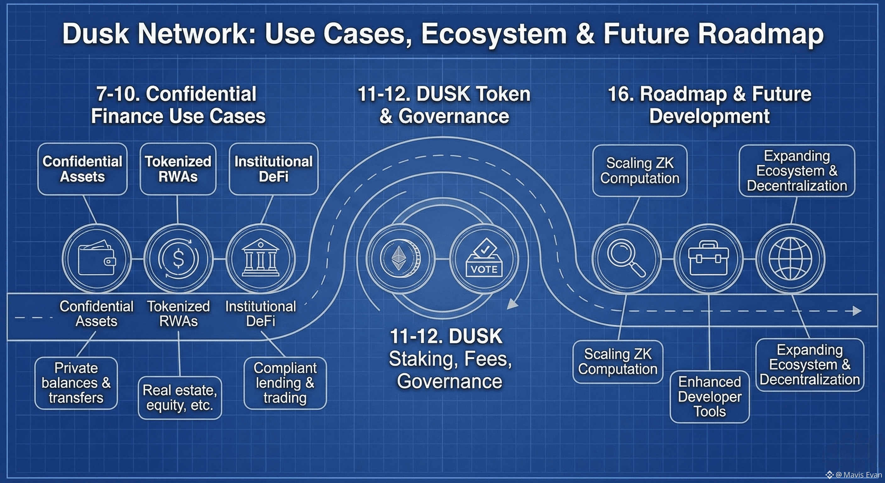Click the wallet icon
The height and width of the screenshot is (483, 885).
pos(96,258)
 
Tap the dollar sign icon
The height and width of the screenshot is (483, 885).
pos(178,258)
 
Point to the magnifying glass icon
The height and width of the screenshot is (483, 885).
pos(626,258)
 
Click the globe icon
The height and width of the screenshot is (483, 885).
pos(790,259)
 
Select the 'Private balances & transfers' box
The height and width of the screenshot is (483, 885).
pos(76,383)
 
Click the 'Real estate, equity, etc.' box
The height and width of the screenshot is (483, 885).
pos(180,398)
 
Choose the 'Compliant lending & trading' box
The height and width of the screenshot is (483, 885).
pos(285,383)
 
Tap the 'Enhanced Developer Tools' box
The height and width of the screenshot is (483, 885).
pos(709,397)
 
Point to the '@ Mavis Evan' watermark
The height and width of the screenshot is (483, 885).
pos(854,475)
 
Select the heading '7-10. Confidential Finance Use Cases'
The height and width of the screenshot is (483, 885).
pos(178,105)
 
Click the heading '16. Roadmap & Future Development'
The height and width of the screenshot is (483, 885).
pos(709,105)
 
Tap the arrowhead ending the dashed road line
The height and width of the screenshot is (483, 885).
pos(858,311)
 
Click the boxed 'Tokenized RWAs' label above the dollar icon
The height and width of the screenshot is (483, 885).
pos(178,169)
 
